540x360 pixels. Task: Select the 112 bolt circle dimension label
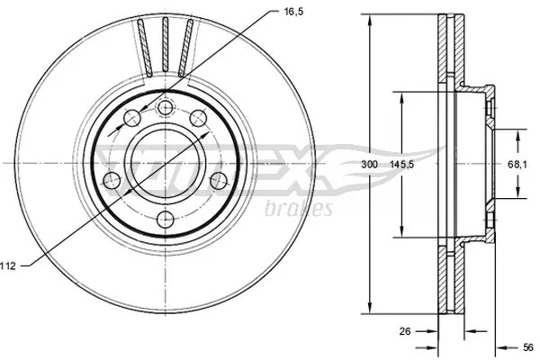[x=10, y=265]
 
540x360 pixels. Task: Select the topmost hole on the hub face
[x=166, y=109]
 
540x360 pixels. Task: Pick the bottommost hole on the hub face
[x=166, y=221]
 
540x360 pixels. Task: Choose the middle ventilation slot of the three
[x=166, y=47]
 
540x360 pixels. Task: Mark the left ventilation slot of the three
[x=144, y=49]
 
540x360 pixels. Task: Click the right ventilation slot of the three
[x=186, y=49]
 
